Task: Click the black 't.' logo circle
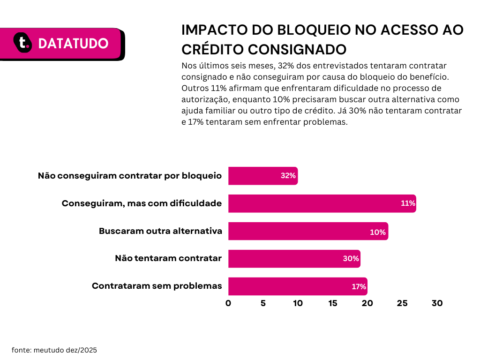pyautogui.click(x=22, y=43)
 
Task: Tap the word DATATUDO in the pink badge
pyautogui.click(x=73, y=44)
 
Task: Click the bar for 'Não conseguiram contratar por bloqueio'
pyautogui.click(x=263, y=176)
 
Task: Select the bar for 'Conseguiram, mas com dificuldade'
pyautogui.click(x=322, y=203)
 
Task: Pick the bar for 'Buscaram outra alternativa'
pyautogui.click(x=308, y=231)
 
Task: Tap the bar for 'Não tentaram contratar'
pyautogui.click(x=294, y=259)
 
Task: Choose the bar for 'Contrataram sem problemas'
pyautogui.click(x=298, y=286)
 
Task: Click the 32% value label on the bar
pyautogui.click(x=288, y=176)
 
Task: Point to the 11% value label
pyautogui.click(x=408, y=203)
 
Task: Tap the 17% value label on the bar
pyautogui.click(x=359, y=286)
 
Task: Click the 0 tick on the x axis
pyautogui.click(x=228, y=303)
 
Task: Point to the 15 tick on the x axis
pyautogui.click(x=333, y=303)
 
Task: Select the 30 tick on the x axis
pyautogui.click(x=437, y=303)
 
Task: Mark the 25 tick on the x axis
pyautogui.click(x=402, y=303)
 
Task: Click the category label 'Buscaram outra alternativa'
pyautogui.click(x=160, y=231)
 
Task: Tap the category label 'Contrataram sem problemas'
pyautogui.click(x=157, y=286)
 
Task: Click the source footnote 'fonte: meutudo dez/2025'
pyautogui.click(x=54, y=350)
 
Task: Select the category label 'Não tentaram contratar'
pyautogui.click(x=168, y=258)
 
